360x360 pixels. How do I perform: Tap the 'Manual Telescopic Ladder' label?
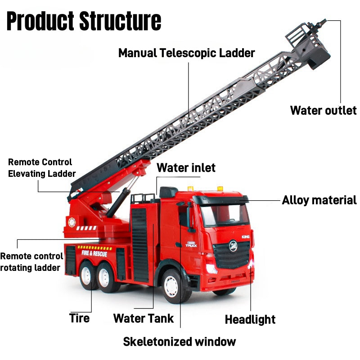point(186,53)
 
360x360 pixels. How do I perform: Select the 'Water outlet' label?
point(323,110)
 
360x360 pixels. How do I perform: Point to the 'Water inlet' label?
point(186,168)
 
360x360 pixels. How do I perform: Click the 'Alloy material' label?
point(319,200)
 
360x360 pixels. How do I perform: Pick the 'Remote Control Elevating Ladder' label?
point(41,168)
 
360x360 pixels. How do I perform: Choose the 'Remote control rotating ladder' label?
point(31,262)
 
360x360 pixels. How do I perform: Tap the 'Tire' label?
point(79,318)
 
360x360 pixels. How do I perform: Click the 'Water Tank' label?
point(144,319)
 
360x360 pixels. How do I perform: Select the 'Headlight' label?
point(250,319)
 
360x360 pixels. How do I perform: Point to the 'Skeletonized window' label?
point(179,342)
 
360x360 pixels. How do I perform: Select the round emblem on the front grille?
point(233,246)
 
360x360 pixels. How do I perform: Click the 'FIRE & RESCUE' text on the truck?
point(94,253)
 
